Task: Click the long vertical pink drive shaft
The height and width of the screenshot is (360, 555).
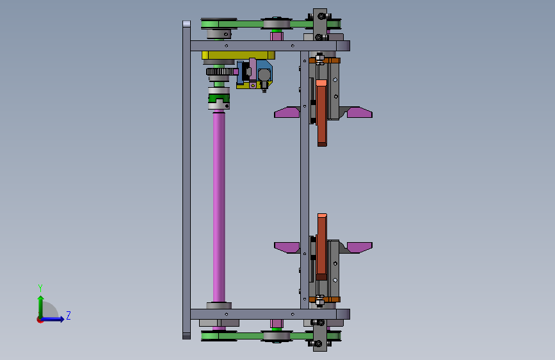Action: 219,208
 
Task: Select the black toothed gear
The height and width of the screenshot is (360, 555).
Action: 220,72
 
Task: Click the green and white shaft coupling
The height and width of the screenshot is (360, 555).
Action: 219,98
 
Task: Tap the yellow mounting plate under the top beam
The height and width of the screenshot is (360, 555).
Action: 238,55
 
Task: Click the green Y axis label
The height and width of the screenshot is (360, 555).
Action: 40,288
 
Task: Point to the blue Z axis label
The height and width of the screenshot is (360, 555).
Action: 68,315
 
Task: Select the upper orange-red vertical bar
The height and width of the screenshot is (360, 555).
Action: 321,113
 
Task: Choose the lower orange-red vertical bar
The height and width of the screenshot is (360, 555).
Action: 322,247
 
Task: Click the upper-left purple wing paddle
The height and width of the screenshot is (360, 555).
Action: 287,112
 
